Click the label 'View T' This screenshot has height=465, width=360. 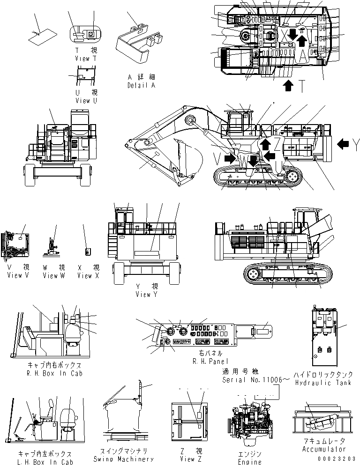coord(85,59)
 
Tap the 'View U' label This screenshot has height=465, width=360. coord(85,101)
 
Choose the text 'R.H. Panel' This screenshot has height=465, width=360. coord(210,361)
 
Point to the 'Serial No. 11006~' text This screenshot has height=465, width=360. coord(252,380)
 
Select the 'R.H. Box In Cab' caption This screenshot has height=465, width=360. coord(55,373)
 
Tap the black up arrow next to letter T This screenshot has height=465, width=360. coord(289,85)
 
